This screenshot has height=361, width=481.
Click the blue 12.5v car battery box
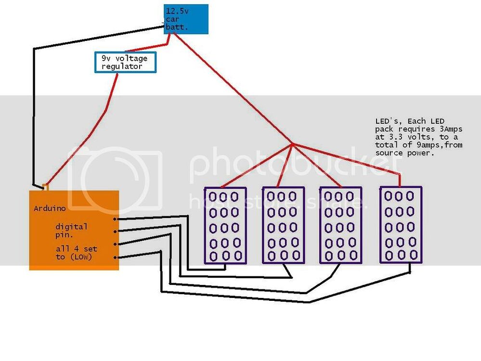click(186, 19)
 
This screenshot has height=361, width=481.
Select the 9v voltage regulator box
click(126, 62)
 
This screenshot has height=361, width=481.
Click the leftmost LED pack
click(225, 225)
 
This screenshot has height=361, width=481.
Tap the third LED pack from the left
click(340, 225)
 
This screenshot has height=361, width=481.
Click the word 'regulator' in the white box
click(121, 66)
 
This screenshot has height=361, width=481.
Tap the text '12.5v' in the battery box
click(176, 11)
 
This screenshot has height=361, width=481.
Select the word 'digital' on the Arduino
click(71, 226)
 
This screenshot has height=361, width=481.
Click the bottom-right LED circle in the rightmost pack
click(414, 254)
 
